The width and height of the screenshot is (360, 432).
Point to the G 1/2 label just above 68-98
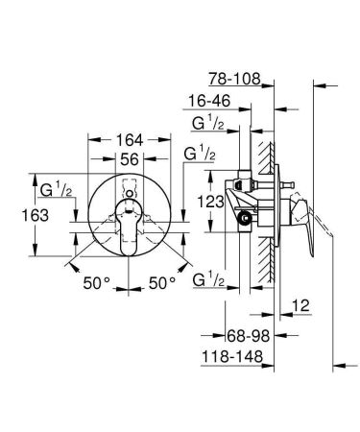[x=210, y=280]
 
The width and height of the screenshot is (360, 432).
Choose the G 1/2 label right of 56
[x=198, y=153]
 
